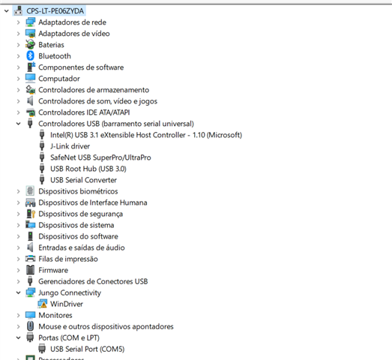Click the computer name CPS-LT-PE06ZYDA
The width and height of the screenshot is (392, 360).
coord(55,11)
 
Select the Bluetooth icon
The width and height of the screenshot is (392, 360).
coord(30,55)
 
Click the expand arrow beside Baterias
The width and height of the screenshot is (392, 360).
coord(18,45)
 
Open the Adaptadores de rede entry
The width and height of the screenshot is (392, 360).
coord(72,22)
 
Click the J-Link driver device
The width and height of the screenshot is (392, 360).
coord(70,146)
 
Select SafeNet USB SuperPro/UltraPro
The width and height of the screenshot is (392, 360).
coord(100,157)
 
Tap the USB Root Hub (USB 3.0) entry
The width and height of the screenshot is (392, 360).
coord(88,169)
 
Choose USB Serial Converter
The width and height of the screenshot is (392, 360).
coord(83,180)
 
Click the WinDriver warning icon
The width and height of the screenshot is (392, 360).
coord(43,304)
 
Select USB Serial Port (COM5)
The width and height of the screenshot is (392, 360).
coord(87,349)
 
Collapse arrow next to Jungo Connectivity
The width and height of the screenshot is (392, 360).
coord(18,292)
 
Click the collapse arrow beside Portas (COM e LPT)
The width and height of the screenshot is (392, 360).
coord(18,337)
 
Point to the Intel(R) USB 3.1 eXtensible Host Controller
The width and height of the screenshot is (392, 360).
coord(146,135)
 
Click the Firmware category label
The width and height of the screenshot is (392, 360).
coord(53,270)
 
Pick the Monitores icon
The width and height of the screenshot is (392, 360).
coord(30,315)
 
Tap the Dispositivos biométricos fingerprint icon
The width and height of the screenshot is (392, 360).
coord(30,191)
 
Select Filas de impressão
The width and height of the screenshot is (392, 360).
coord(68,259)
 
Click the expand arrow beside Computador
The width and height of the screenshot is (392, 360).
coord(18,79)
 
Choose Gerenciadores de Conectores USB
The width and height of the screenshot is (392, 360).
coord(93,281)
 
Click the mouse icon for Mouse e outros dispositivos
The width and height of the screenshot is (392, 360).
coord(30,326)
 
